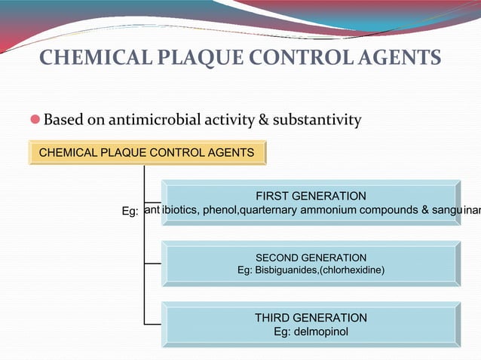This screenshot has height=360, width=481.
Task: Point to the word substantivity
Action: click(x=317, y=120)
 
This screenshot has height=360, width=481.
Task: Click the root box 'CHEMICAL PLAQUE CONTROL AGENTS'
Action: click(x=146, y=153)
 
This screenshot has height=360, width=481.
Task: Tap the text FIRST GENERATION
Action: click(x=311, y=196)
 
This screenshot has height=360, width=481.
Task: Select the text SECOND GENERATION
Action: click(x=311, y=258)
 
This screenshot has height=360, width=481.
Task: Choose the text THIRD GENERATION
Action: click(x=311, y=317)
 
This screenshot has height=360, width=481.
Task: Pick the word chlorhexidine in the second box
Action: click(x=353, y=270)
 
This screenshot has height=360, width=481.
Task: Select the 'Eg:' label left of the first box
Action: click(x=130, y=212)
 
